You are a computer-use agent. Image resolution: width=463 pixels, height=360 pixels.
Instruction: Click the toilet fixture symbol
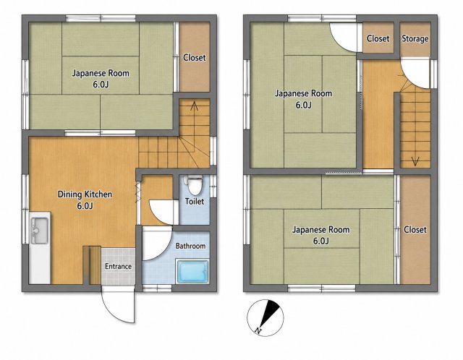point(195,183)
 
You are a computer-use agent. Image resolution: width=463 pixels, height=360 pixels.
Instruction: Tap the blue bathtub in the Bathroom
point(193,271)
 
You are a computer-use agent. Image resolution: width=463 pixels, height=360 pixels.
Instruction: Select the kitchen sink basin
point(40,231)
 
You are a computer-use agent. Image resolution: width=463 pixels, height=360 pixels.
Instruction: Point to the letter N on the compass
point(259,331)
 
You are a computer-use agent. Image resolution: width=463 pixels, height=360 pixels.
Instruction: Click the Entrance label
point(118,266)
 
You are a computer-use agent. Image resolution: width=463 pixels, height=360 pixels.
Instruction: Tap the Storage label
point(415,38)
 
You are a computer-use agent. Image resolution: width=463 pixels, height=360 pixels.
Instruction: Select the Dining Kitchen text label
point(85,194)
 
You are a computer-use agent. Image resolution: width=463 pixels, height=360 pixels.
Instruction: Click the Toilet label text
point(195,201)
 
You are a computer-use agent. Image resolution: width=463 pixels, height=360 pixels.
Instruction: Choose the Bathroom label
point(190,246)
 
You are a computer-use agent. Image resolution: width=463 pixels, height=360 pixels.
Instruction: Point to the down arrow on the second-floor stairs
point(415,161)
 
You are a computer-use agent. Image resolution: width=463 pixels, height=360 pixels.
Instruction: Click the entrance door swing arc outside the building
point(111,312)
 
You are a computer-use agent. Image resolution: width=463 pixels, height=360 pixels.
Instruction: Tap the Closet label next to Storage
point(378,38)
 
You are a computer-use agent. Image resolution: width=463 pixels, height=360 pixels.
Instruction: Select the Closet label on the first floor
point(195,58)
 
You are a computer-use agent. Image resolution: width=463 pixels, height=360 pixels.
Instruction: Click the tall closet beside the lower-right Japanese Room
point(415,230)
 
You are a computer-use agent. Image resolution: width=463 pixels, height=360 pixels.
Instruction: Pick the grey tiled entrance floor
point(119,266)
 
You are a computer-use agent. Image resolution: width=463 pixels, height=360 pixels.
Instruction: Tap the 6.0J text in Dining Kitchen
point(85,206)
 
